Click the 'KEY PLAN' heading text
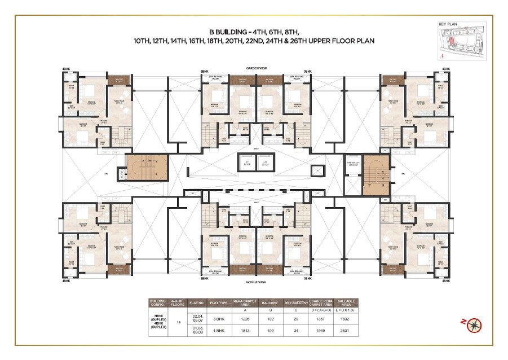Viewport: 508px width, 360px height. pos(447,25)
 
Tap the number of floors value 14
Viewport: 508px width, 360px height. pos(179,323)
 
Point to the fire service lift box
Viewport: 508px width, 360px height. pos(352,166)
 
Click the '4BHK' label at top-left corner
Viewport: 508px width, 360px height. pos(67,69)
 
